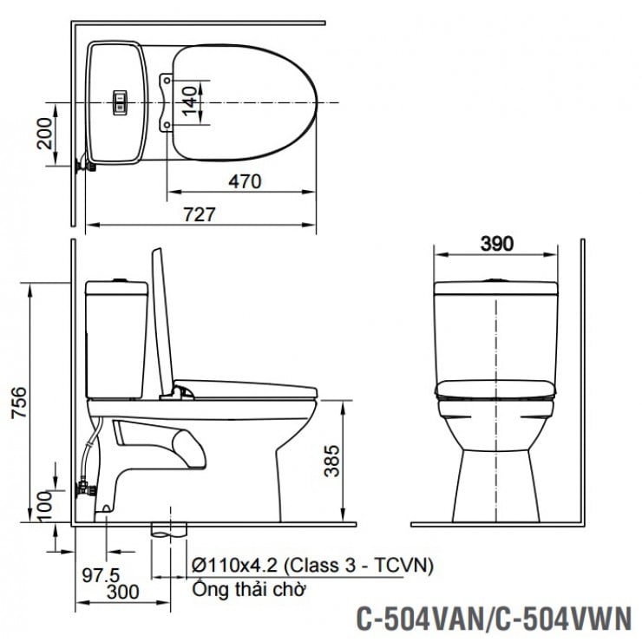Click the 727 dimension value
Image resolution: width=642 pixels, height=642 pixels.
tap(199, 213)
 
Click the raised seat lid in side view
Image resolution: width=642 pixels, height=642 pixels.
tap(163, 321)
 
